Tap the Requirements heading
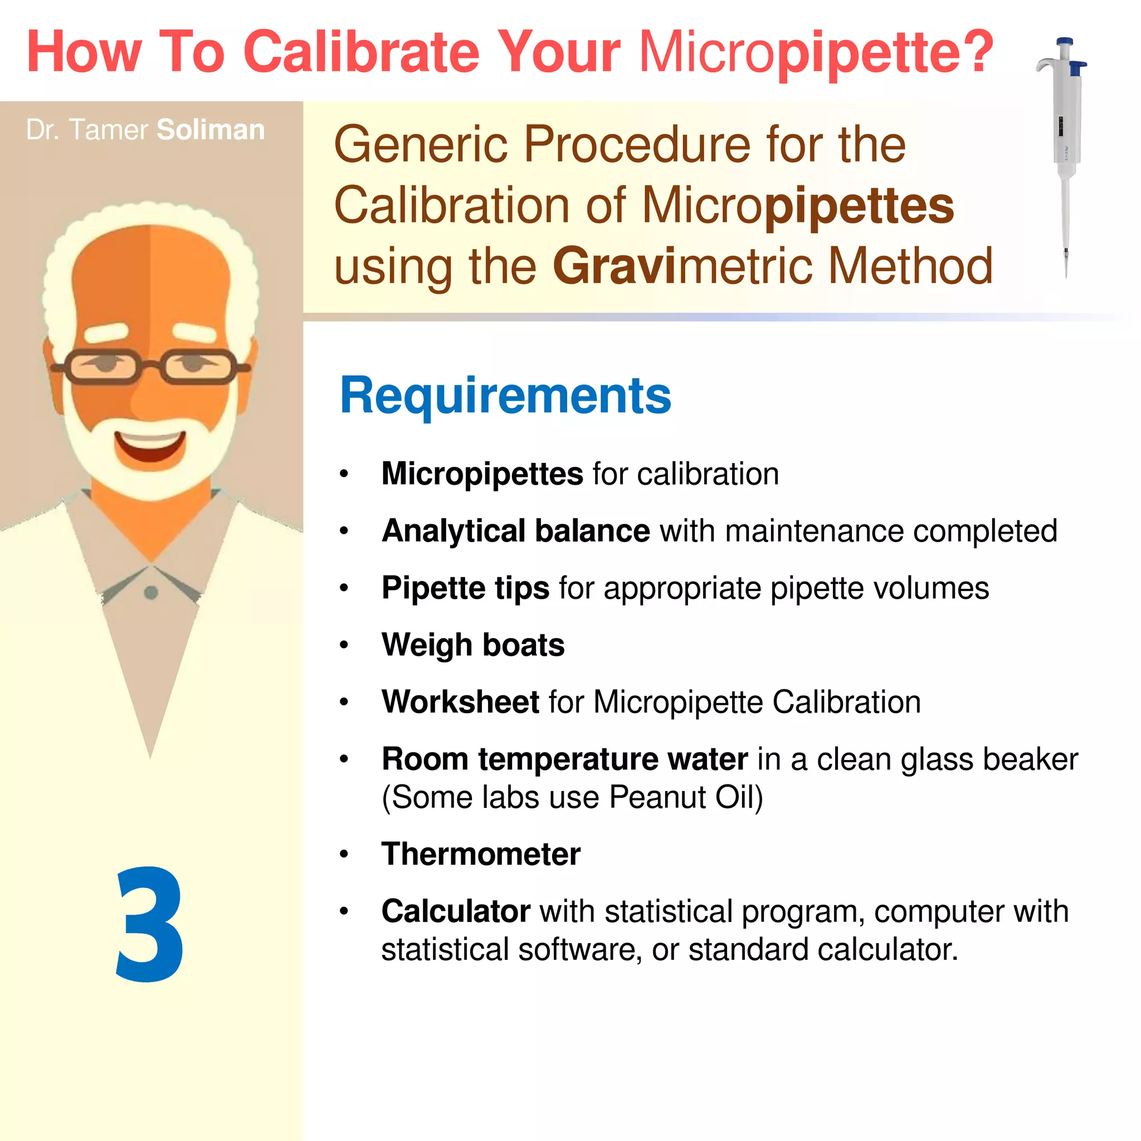click(505, 396)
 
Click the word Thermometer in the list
click(481, 854)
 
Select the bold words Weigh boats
click(473, 645)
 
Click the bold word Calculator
click(455, 911)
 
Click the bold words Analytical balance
click(515, 531)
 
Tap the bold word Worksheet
click(460, 702)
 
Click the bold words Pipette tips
click(465, 588)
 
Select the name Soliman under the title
click(210, 130)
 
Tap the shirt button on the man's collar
click(150, 592)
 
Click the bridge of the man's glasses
click(150, 365)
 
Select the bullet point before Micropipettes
click(344, 474)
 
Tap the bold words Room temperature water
click(564, 759)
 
